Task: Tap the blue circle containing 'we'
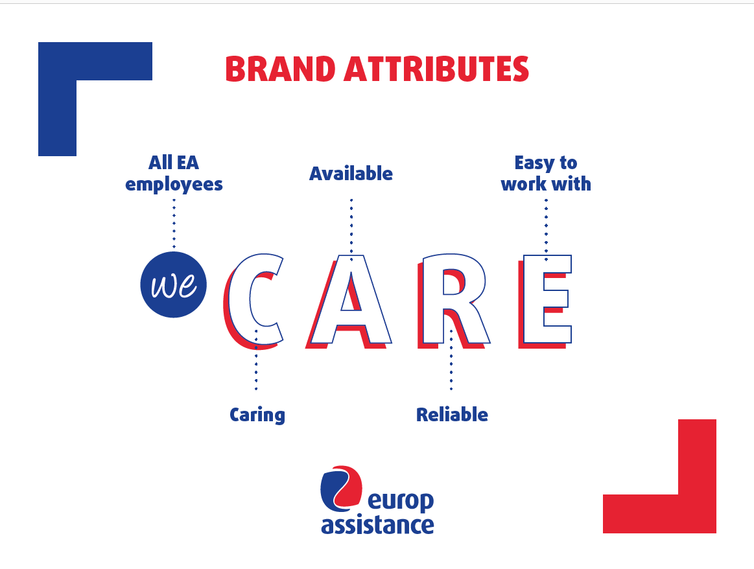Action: click(x=174, y=284)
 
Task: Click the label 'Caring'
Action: click(x=257, y=415)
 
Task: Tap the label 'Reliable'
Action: click(x=452, y=415)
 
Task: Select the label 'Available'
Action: click(x=351, y=174)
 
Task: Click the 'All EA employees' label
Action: click(x=174, y=173)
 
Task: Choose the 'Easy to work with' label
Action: click(x=546, y=173)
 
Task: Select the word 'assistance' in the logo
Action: click(x=377, y=525)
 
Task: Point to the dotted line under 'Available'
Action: click(x=351, y=227)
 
